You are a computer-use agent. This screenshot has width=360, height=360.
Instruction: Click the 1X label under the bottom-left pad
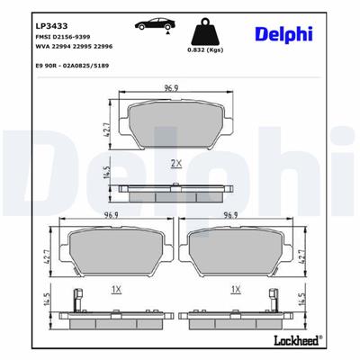[x=116, y=290]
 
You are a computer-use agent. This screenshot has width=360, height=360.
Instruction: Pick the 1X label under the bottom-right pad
[x=235, y=290]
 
